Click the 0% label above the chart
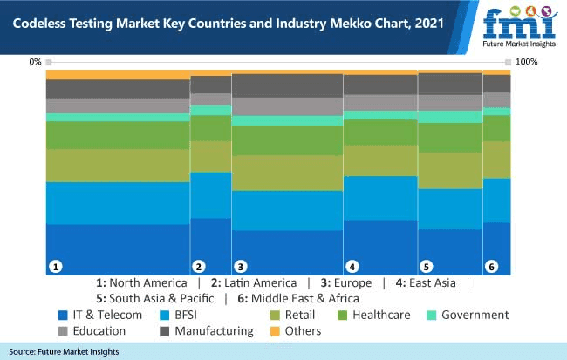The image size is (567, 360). pos(35,62)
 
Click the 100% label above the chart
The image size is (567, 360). pos(527,62)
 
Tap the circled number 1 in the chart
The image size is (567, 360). pos(55,266)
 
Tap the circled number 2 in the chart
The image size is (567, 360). pos(199,266)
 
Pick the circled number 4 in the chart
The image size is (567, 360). pos(352,266)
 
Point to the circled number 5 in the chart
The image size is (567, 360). pos(427,266)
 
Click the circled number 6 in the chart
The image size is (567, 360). pos(492,266)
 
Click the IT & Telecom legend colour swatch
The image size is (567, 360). pos(63,315)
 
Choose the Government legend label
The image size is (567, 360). pos(475,315)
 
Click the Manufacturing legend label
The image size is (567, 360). pos(214,330)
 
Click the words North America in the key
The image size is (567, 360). pos(147,282)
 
